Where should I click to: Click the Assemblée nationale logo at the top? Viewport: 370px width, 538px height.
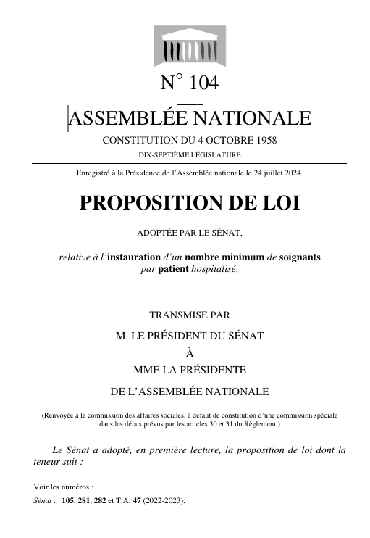coord(186,46)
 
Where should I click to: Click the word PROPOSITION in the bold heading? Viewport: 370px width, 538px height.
coord(153,203)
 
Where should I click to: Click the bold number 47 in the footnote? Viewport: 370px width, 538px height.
coord(150,500)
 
